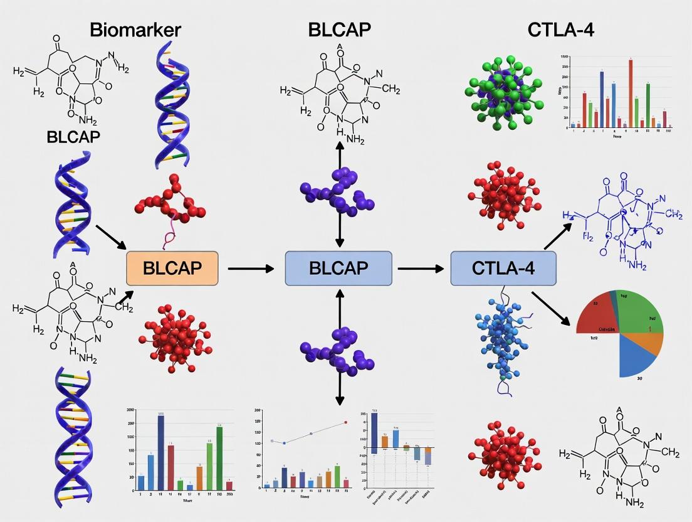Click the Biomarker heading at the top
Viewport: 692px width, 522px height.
pos(135,29)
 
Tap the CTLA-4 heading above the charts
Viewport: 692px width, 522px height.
pos(560,29)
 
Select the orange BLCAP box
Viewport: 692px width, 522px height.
pos(172,269)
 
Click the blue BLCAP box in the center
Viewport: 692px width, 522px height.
pos(338,269)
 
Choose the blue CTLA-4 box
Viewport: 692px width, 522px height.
pos(503,269)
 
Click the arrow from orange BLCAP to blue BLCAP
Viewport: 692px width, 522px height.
pos(251,269)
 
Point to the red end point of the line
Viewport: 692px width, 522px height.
pos(345,423)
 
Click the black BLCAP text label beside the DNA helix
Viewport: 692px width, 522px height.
pos(73,137)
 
